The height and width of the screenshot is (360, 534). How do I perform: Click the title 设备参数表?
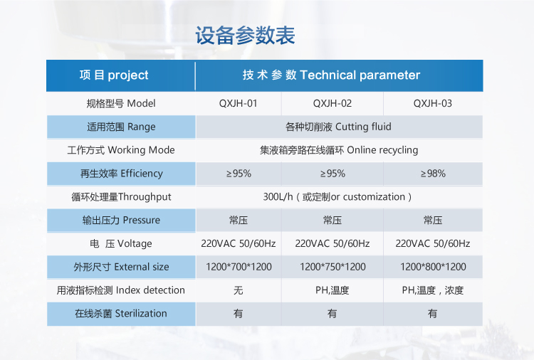coord(245,36)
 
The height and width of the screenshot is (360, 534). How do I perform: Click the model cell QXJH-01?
coord(238,103)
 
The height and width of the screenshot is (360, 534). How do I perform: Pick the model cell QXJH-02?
coord(333,103)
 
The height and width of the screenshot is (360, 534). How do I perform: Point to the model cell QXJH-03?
coord(433,103)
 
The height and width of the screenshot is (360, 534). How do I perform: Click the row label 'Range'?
coord(121,127)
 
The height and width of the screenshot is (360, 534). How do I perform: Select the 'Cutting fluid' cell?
coord(338,127)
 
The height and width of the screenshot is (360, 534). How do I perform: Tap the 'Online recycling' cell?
coord(339,150)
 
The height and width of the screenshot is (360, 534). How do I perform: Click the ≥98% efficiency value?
coord(433,174)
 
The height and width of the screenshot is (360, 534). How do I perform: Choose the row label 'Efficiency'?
coord(121,174)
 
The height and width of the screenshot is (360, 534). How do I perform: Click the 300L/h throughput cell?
coord(337,197)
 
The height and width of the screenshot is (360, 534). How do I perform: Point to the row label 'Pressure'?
coord(121,220)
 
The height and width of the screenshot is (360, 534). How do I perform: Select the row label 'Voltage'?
coord(121,243)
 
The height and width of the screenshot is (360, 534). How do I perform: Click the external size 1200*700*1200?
coord(239,267)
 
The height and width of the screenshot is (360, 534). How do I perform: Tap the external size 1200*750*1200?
coord(333,267)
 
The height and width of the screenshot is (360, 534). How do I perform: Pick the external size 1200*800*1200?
coord(433,267)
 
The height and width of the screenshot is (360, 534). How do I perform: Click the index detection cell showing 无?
coord(239,290)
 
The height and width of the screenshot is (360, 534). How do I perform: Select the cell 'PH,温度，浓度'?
coord(433,290)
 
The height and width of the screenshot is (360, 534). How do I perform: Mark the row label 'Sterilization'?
coord(121,313)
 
